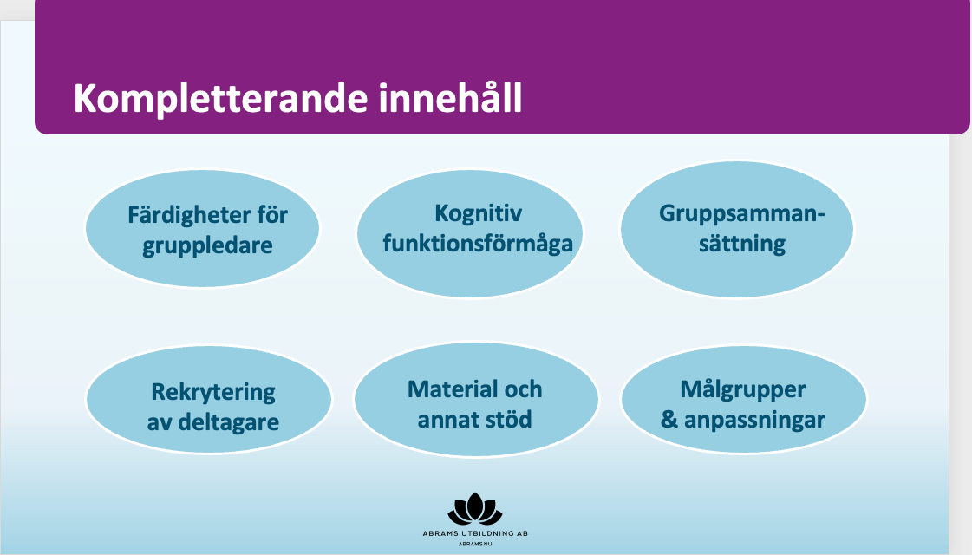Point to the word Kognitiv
click(x=478, y=214)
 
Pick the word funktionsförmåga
click(x=478, y=244)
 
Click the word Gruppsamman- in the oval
click(x=742, y=214)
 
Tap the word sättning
click(x=742, y=244)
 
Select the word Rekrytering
click(x=213, y=393)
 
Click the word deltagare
click(x=228, y=422)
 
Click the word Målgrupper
click(x=742, y=390)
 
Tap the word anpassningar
click(x=754, y=421)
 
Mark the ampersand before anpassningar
click(x=669, y=420)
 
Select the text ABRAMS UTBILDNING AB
click(x=475, y=533)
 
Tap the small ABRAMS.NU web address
click(x=475, y=545)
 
